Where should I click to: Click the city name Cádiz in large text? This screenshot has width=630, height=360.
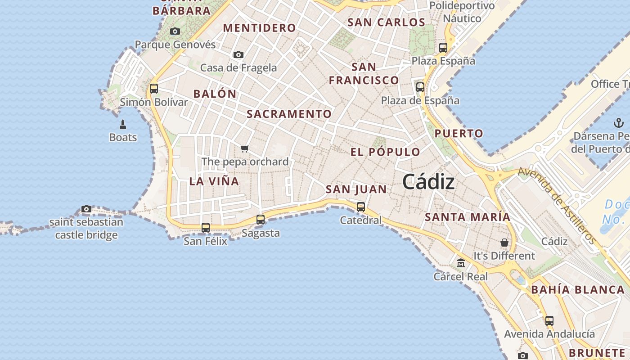(x=428, y=182)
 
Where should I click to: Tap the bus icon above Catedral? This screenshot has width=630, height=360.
(x=361, y=207)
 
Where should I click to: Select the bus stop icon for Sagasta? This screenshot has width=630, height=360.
(x=261, y=220)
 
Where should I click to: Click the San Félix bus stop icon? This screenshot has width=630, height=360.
(x=206, y=228)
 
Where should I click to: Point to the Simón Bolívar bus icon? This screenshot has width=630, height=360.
(x=154, y=88)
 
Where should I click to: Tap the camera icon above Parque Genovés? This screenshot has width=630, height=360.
(x=175, y=31)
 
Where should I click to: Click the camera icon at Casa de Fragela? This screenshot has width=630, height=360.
(x=238, y=55)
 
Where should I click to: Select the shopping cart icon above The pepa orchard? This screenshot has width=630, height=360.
(x=245, y=148)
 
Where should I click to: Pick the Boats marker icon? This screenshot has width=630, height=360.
(x=123, y=124)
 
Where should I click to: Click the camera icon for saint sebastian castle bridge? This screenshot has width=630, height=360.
(x=86, y=209)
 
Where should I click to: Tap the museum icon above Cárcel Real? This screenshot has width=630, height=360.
(x=461, y=263)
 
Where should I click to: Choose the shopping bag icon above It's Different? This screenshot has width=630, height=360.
(x=504, y=243)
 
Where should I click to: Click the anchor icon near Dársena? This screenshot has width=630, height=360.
(x=618, y=123)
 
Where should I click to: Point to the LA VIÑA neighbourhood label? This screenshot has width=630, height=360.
(x=214, y=181)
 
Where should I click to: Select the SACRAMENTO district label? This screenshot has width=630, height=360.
(x=289, y=114)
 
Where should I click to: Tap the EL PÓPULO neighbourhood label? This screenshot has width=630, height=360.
(x=385, y=152)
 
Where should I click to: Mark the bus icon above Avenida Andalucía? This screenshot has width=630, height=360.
(x=549, y=321)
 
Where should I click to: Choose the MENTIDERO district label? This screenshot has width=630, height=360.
(x=260, y=28)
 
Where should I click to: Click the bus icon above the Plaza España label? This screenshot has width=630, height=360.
(x=443, y=47)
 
